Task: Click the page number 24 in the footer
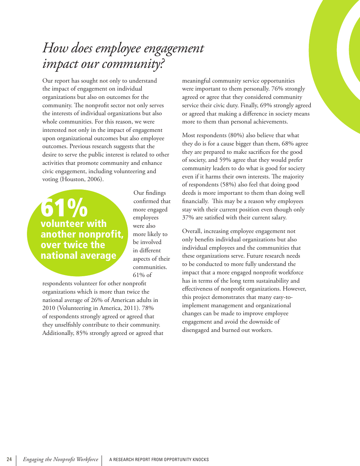pos(9,460)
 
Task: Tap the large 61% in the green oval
pos(64,208)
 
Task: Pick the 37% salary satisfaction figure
pos(188,218)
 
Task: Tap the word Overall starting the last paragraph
pos(191,231)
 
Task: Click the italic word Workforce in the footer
pos(87,460)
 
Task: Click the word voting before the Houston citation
pos(50,180)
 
